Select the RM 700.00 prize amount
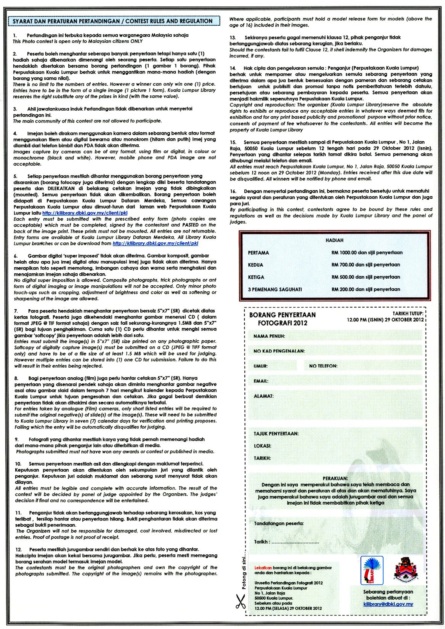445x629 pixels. pyautogui.click(x=343, y=265)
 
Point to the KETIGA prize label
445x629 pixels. pyautogui.click(x=256, y=277)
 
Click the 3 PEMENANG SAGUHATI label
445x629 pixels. pyautogui.click(x=275, y=289)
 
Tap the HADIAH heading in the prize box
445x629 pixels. pyautogui.click(x=334, y=240)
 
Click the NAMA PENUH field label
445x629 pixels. pyautogui.click(x=269, y=336)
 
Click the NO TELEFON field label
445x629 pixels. pyautogui.click(x=323, y=366)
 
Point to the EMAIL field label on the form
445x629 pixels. pyautogui.click(x=261, y=381)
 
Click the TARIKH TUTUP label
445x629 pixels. pyautogui.click(x=408, y=314)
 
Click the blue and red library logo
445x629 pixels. pyautogui.click(x=372, y=570)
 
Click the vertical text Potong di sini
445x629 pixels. pyautogui.click(x=244, y=572)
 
